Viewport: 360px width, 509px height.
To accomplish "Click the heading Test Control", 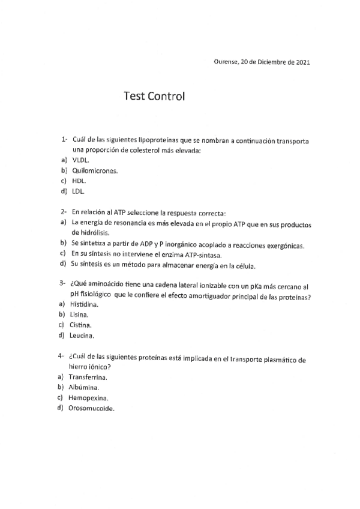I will (x=155, y=96).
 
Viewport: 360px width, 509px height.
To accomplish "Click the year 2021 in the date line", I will (x=300, y=62).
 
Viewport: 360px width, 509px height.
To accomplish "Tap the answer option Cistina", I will (x=80, y=325).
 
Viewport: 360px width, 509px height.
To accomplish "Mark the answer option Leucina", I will (x=81, y=335).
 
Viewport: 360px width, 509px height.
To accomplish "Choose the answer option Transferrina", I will (x=88, y=377).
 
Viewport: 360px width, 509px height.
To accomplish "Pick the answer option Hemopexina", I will (x=88, y=397).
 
